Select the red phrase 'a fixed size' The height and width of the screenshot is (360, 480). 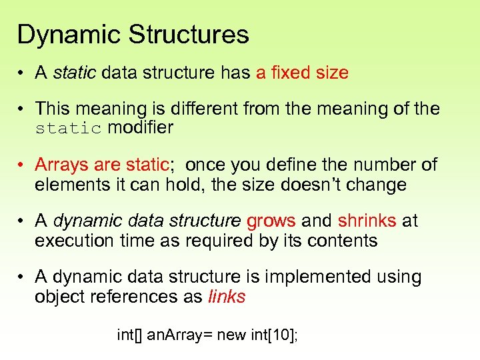point(302,73)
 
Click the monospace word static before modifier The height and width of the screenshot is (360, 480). point(68,128)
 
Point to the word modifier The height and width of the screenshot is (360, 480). point(141,127)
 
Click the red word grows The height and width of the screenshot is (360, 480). point(271,221)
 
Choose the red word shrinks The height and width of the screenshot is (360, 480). point(367,221)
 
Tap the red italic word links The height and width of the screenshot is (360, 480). point(227,297)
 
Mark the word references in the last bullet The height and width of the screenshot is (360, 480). point(135,297)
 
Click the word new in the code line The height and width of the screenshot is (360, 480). point(232,335)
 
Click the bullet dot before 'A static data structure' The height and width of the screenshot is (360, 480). point(23,73)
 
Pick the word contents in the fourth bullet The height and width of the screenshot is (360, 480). point(346,241)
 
